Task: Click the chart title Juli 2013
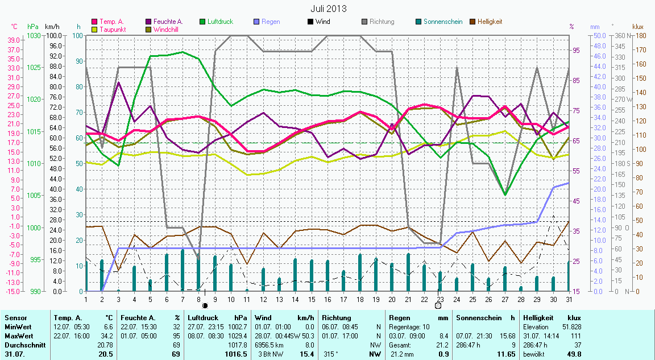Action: pyautogui.click(x=328, y=9)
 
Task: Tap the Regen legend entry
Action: pyautogui.click(x=271, y=22)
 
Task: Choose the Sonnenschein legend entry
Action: pyautogui.click(x=438, y=22)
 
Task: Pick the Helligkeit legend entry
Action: pyautogui.click(x=490, y=22)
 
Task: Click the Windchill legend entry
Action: pyautogui.click(x=167, y=29)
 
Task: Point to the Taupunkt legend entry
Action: pyautogui.click(x=113, y=29)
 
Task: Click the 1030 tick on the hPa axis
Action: pyautogui.click(x=34, y=35)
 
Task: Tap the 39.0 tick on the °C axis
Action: pyautogui.click(x=14, y=40)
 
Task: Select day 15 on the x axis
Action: pyautogui.click(x=312, y=299)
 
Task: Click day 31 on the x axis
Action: pyautogui.click(x=569, y=299)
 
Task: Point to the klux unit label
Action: pyautogui.click(x=638, y=26)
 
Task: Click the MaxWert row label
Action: pyautogui.click(x=18, y=336)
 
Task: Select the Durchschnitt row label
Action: pyautogui.click(x=23, y=345)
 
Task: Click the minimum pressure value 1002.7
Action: pyautogui.click(x=238, y=327)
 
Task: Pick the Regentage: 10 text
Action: pyautogui.click(x=410, y=327)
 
